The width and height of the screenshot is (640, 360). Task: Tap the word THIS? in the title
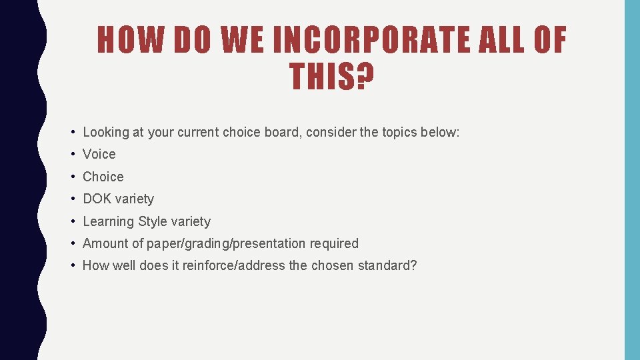click(x=331, y=77)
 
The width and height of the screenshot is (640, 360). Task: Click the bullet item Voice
click(x=99, y=154)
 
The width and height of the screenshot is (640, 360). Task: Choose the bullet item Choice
click(x=103, y=177)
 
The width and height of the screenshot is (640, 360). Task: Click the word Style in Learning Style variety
click(x=153, y=221)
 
